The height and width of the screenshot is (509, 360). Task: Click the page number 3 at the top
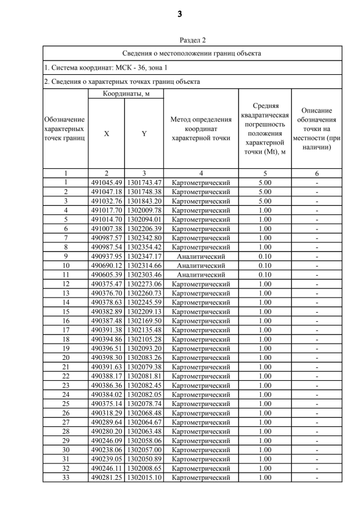tap(179, 15)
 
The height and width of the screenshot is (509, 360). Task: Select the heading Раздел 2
tap(192, 40)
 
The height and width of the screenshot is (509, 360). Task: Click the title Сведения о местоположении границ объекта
tap(192, 53)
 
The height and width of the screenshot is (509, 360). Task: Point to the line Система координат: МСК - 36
tap(106, 68)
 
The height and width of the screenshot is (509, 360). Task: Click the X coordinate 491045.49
tap(106, 182)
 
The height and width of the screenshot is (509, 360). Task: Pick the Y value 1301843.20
tap(144, 201)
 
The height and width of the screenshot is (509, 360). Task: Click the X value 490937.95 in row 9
tap(106, 256)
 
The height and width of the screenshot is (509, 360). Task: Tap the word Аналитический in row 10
tap(201, 265)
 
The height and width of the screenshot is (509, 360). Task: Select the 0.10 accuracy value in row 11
tap(264, 275)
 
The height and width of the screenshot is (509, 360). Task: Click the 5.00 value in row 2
tap(264, 192)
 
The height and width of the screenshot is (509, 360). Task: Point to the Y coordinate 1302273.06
tap(144, 284)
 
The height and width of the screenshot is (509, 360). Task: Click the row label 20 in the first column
tap(65, 358)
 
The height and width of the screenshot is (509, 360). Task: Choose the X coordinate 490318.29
tap(106, 413)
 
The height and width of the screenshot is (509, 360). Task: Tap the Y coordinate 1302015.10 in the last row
tap(144, 478)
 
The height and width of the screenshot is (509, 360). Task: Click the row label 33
tap(65, 478)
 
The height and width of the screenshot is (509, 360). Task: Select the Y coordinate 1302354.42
tap(144, 247)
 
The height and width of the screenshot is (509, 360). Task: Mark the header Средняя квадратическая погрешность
tap(264, 128)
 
